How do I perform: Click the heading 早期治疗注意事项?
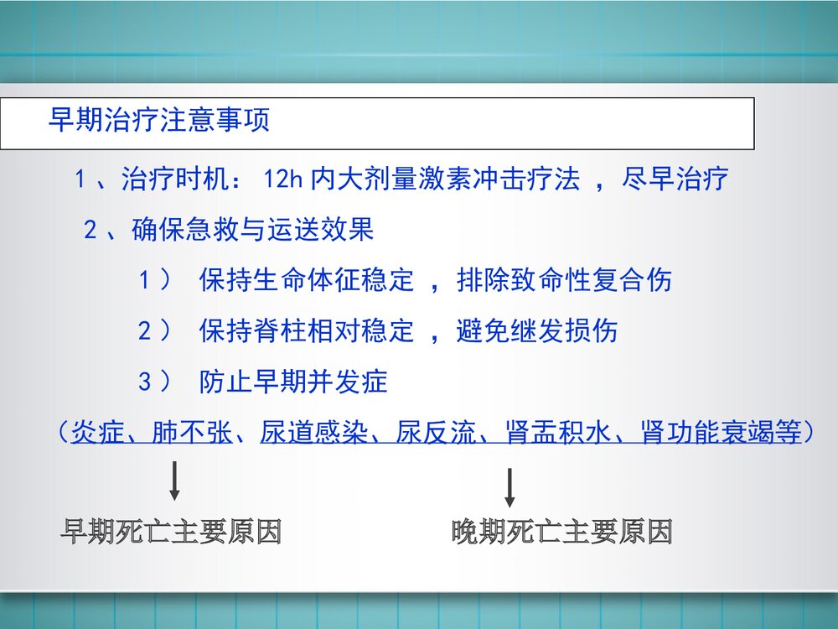tap(159, 121)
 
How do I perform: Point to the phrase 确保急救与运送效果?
tap(253, 230)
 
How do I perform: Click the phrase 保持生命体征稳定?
tap(307, 280)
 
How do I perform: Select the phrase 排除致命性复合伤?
tap(564, 280)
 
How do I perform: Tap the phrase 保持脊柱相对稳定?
tap(307, 331)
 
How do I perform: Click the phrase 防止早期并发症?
tap(293, 382)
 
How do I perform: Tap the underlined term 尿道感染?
tap(300, 433)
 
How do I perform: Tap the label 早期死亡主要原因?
tap(171, 532)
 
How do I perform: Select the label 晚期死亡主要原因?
tap(562, 532)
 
